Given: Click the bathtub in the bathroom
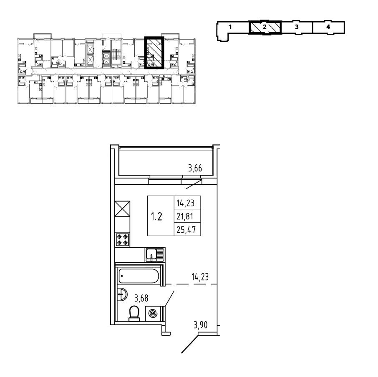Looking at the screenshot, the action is (139, 276).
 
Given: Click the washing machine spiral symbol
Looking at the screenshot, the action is (153, 313).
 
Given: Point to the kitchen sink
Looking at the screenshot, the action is (154, 254).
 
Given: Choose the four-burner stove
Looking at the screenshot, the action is (123, 239).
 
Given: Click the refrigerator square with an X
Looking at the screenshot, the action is (123, 209).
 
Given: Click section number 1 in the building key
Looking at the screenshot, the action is (230, 27).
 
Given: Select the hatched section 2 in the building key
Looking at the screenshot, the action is (265, 27).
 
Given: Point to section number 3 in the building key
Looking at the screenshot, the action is (296, 27).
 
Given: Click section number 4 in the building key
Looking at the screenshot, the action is (328, 27).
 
